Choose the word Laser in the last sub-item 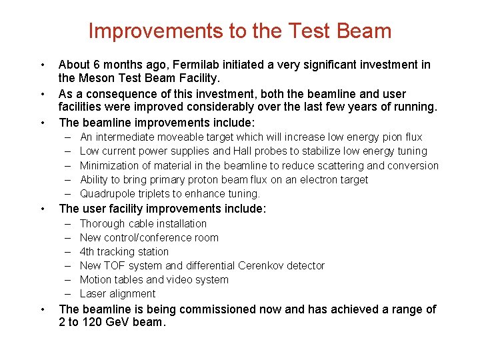93,294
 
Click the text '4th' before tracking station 88,252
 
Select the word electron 313,180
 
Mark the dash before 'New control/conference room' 69,238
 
